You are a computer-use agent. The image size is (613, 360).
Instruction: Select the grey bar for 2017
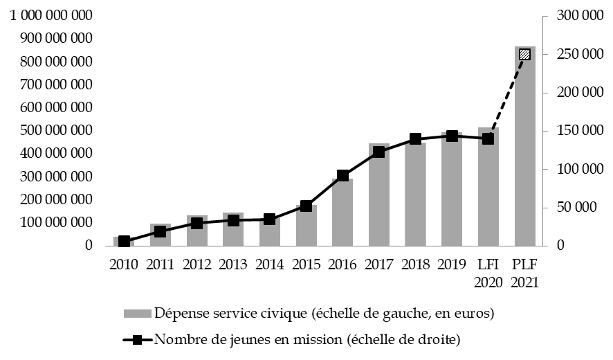[x=379, y=201]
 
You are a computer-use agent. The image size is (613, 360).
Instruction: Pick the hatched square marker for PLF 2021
[x=525, y=54]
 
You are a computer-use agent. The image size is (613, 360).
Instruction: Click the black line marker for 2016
[x=342, y=175]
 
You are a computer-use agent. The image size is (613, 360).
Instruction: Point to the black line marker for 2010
[x=124, y=241]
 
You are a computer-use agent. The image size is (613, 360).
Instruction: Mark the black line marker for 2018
[x=416, y=139]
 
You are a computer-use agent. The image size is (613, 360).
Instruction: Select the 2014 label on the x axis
[x=270, y=264]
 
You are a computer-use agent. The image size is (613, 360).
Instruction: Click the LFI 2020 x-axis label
[x=488, y=273]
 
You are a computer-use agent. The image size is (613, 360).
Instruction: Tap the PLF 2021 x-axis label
[x=525, y=273]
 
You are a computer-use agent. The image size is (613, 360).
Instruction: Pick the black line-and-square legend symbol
[x=138, y=339]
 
